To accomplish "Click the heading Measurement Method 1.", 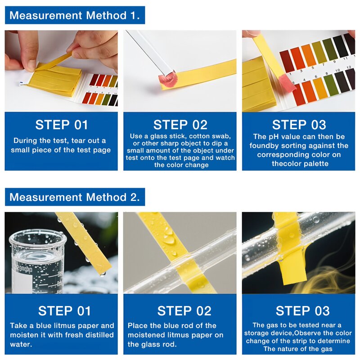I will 74,15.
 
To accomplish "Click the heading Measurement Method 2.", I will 74,197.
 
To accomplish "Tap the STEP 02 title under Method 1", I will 180,125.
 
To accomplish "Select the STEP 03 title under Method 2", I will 302,310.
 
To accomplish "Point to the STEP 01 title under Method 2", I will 64,310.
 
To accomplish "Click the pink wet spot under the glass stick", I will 165,80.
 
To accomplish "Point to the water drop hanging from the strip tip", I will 103,273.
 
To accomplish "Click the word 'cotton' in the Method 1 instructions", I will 202,136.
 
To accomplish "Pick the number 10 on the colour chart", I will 338,71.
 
